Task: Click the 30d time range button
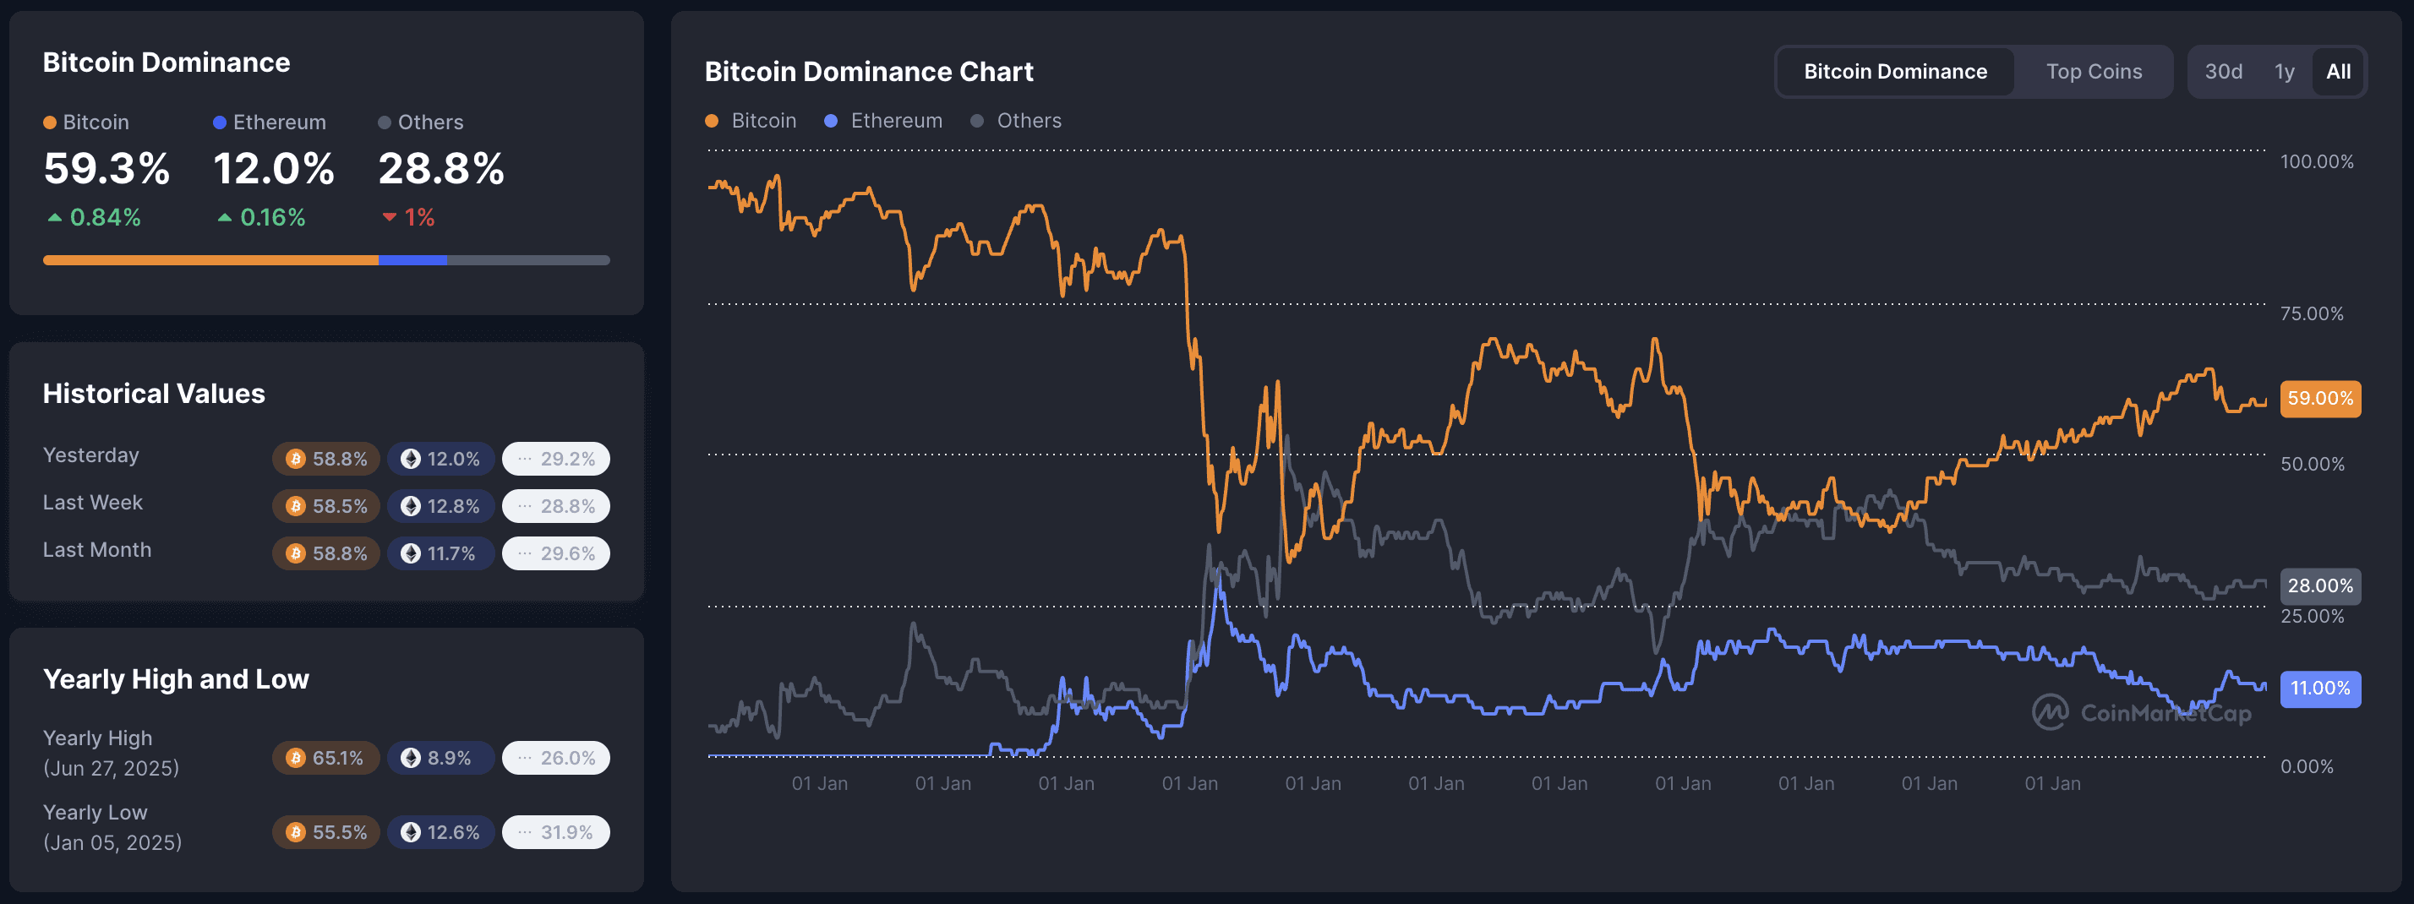pos(2223,72)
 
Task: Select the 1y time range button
pos(2284,72)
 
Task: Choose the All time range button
pos(2338,72)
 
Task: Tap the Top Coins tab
pos(2094,72)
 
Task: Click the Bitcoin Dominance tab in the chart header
pos(1895,72)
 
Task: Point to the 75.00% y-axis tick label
pos(2311,313)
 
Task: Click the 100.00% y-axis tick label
pos(2316,162)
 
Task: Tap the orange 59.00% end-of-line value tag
pos(2319,398)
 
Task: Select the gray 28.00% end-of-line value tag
pos(2319,586)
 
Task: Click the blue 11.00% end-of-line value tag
pos(2319,689)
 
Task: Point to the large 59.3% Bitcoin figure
pos(106,170)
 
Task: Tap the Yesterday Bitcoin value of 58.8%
pos(326,459)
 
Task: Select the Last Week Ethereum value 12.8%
pos(440,507)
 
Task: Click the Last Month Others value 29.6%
pos(555,553)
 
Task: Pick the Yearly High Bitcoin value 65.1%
pos(326,758)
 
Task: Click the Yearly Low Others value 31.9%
pos(555,833)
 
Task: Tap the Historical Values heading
pos(154,394)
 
